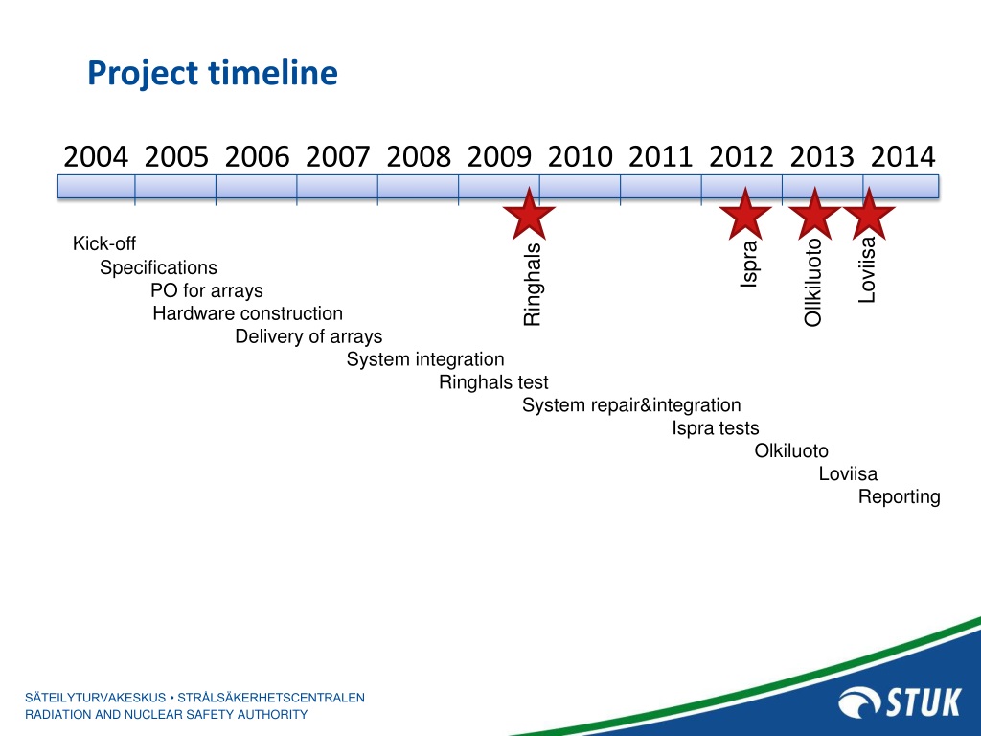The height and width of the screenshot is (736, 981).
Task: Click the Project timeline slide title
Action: [x=213, y=73]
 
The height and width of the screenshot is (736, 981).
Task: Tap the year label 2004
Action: [x=96, y=156]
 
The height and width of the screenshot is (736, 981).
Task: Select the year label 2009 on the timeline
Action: [x=499, y=156]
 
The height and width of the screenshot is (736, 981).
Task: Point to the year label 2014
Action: [x=902, y=156]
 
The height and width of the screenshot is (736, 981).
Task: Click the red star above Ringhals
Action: [x=529, y=214]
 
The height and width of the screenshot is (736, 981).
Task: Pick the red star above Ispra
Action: [x=745, y=214]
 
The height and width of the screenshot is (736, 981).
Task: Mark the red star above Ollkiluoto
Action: [x=814, y=214]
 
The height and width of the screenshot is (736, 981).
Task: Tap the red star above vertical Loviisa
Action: [x=869, y=214]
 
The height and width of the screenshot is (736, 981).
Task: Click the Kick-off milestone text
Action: [x=103, y=243]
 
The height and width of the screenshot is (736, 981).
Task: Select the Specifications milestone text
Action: [x=158, y=268]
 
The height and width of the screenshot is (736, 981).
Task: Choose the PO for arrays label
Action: [x=207, y=291]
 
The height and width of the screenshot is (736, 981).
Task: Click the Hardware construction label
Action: [x=248, y=313]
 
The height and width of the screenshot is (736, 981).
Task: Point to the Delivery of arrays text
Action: [x=308, y=336]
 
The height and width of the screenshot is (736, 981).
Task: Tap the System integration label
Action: [x=425, y=360]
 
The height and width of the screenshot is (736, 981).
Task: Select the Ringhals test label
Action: [x=493, y=382]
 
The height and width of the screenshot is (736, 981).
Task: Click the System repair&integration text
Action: [x=631, y=405]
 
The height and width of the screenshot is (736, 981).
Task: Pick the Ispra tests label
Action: [x=715, y=428]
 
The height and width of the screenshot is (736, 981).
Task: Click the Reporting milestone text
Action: [x=899, y=497]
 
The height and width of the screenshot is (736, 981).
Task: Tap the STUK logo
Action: [x=900, y=702]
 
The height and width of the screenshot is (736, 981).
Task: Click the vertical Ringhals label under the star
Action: [x=532, y=285]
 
